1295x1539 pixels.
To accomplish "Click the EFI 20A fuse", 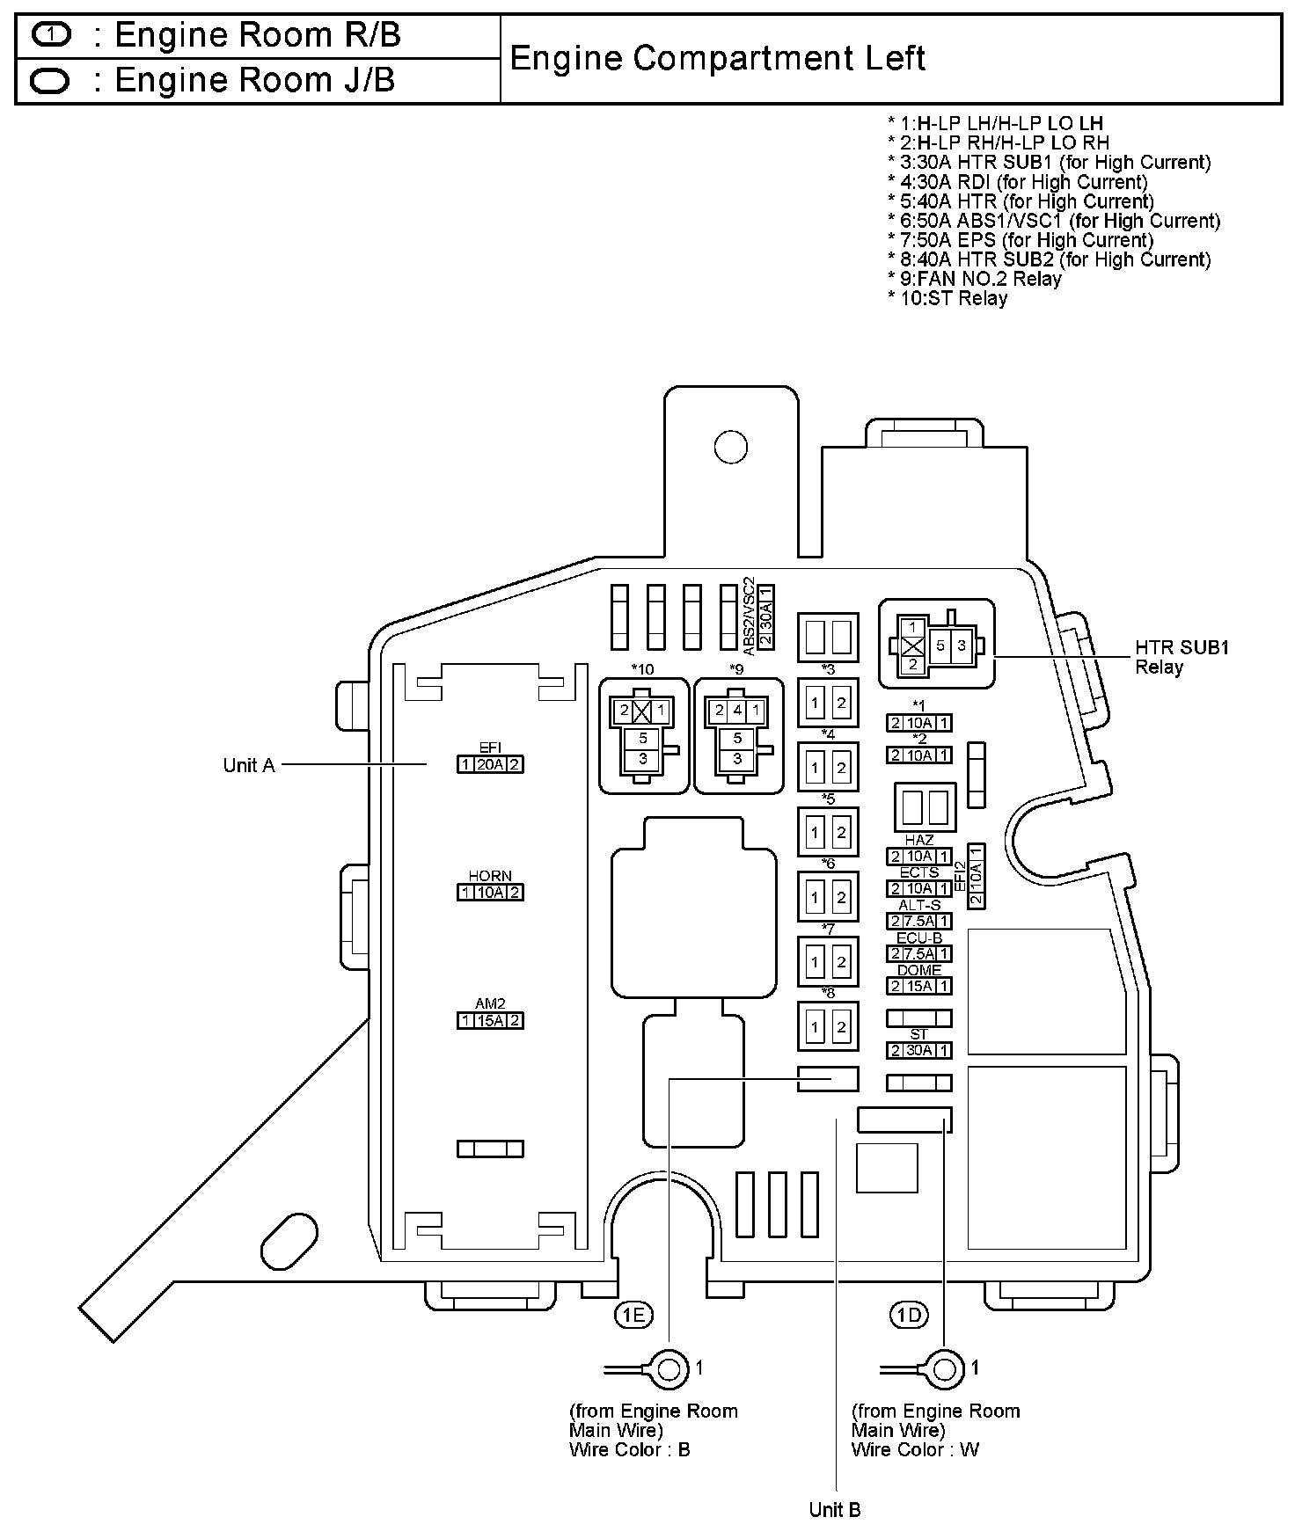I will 490,764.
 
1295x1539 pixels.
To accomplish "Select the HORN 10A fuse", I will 490,893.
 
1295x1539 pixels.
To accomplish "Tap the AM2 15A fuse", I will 490,1021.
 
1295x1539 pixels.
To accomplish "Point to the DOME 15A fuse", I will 919,986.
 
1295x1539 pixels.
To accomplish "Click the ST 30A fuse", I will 919,1050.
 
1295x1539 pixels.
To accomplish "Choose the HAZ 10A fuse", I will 919,857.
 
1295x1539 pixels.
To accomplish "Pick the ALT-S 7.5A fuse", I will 919,921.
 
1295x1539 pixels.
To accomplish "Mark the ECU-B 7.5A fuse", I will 919,954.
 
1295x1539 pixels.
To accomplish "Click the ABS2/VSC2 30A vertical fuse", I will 765,617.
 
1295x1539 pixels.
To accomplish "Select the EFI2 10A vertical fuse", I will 976,875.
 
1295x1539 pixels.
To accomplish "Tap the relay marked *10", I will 643,736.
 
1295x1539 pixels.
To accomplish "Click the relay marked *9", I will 738,736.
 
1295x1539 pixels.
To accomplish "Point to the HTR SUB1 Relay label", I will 1182,657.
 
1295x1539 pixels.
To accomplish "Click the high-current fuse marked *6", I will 828,897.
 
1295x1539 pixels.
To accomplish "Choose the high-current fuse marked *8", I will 828,1026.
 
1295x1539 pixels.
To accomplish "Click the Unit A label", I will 249,765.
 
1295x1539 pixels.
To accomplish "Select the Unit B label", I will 834,1510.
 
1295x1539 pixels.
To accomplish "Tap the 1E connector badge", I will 633,1315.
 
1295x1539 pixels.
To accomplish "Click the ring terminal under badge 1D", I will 943,1370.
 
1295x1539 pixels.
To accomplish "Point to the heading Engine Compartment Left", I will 717,59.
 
